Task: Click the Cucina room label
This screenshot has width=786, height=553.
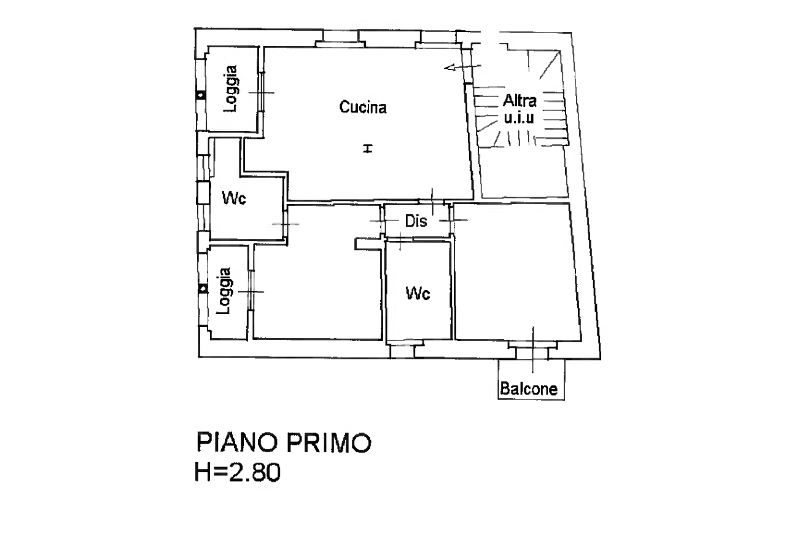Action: (363, 107)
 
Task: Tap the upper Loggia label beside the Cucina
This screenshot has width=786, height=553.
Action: (231, 89)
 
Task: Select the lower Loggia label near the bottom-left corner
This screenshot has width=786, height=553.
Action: (223, 291)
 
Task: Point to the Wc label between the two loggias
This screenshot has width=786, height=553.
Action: (234, 198)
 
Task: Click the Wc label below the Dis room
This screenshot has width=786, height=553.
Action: (418, 293)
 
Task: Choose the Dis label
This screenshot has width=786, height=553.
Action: (416, 221)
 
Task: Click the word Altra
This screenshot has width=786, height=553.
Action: (519, 101)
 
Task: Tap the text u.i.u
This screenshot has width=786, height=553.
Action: (519, 117)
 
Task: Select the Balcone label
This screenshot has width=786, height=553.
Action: (529, 389)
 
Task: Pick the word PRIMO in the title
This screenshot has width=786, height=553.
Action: (329, 443)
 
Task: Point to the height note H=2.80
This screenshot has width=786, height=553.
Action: (238, 472)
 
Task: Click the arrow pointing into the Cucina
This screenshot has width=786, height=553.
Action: (462, 66)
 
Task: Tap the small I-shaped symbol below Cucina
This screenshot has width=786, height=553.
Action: (367, 149)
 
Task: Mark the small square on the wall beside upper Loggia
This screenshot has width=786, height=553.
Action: (201, 95)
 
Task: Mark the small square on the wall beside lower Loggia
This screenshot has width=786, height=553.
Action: (203, 289)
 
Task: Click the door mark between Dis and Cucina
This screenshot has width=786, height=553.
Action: (432, 202)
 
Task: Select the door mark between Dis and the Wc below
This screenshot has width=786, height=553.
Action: (400, 239)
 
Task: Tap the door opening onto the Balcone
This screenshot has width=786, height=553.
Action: (533, 350)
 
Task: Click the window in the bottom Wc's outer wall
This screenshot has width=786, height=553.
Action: (402, 351)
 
